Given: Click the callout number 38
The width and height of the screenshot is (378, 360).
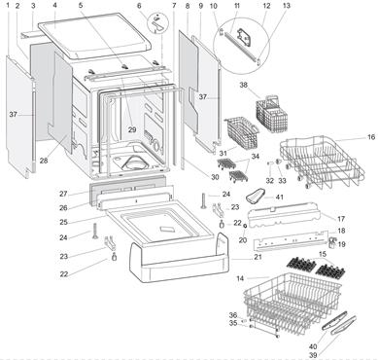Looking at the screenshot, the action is [243, 85].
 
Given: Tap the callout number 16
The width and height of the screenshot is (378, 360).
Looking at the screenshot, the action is [371, 137].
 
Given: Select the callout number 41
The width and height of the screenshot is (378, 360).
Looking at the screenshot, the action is [279, 197].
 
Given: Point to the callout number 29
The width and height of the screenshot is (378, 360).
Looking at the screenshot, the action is [132, 129].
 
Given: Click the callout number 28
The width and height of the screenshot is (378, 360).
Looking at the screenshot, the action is [44, 161].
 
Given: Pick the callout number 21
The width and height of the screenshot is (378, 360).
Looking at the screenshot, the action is [258, 257].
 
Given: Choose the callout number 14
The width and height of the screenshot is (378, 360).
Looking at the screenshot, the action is [240, 278].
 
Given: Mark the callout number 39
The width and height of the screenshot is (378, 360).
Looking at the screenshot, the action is [313, 356].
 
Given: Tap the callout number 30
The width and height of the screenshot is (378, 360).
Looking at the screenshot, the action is [215, 177].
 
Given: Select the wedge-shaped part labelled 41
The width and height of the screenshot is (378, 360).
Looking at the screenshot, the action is [256, 196].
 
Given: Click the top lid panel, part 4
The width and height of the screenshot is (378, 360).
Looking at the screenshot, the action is [94, 36].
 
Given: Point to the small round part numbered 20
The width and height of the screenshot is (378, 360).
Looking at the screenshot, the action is [245, 225].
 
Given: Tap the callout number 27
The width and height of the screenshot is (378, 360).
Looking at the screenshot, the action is [63, 194].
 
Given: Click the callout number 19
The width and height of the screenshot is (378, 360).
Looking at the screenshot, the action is [341, 244].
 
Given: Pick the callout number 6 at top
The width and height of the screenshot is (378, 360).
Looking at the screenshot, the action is [139, 6].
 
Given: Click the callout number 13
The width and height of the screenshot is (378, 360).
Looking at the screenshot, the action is [287, 6].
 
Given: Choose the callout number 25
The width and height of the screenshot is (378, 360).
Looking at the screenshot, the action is [63, 222].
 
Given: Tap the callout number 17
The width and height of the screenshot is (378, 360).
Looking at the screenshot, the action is [341, 219].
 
